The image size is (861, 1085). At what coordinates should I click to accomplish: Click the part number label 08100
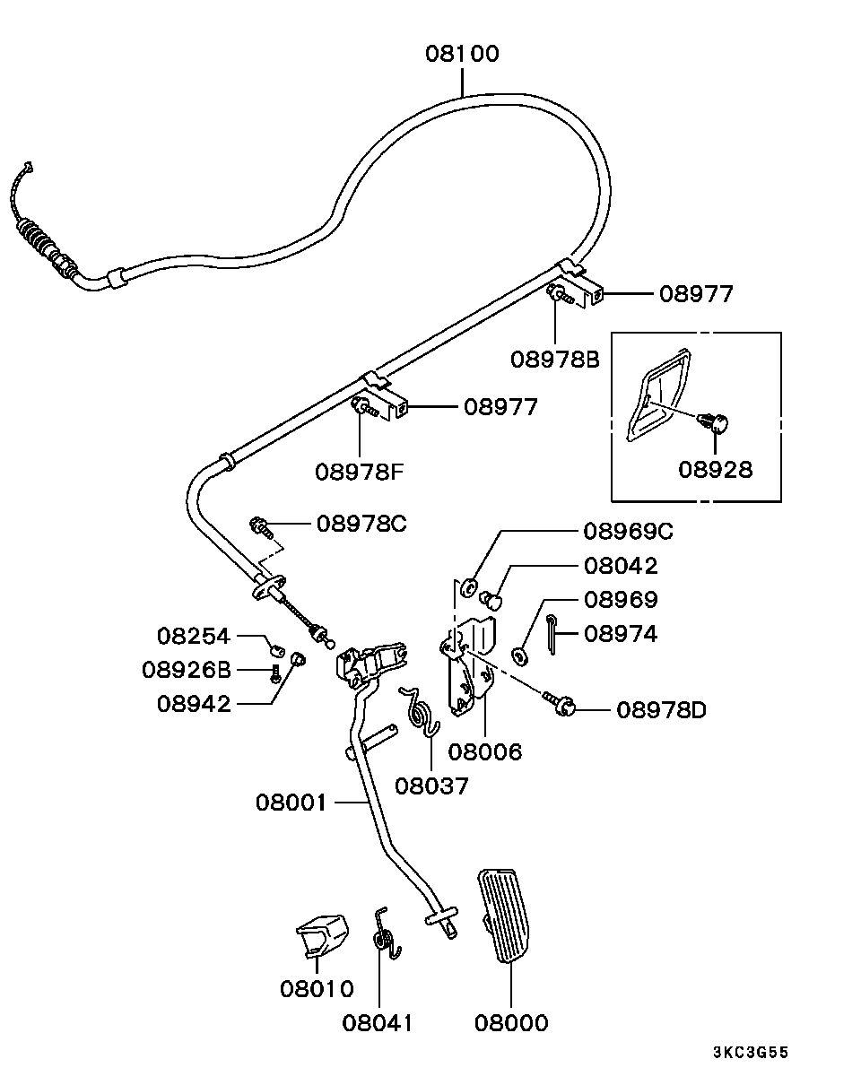coord(462,54)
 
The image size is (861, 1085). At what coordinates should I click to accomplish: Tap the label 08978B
coord(554,360)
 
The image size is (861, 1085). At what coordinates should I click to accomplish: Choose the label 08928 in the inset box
coord(715,468)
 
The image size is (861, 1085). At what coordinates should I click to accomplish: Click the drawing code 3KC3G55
coord(751,1053)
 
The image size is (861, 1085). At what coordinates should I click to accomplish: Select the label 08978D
coord(661,711)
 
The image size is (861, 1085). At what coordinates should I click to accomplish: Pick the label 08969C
coord(628,531)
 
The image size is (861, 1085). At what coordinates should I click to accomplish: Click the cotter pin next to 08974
coord(554,631)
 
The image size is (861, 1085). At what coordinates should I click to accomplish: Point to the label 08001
coord(293,802)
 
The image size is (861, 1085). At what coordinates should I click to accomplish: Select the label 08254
coord(194,637)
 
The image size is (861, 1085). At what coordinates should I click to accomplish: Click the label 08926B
coord(187,670)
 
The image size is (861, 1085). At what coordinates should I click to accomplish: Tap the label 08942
coord(194,704)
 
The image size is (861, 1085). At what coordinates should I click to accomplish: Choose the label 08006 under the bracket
coord(484,751)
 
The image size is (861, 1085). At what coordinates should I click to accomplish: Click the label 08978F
coord(360,471)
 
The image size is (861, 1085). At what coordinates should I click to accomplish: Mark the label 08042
coord(620,566)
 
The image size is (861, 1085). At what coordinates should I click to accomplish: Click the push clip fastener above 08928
coord(715,420)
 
